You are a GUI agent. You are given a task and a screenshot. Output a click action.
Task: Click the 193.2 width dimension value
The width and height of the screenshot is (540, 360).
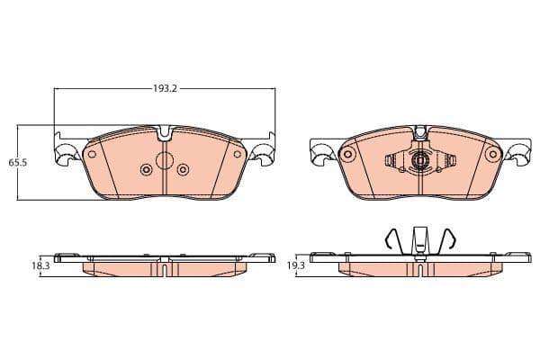point(164,90)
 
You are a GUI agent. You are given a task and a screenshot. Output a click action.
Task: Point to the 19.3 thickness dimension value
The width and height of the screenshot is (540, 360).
point(296,266)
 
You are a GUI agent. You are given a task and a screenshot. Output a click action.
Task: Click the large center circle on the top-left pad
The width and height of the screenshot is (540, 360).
point(165,161)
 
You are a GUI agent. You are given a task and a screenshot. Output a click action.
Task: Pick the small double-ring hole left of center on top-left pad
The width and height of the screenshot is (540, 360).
point(147,168)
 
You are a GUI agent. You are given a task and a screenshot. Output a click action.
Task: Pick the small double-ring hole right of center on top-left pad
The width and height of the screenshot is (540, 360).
point(183,168)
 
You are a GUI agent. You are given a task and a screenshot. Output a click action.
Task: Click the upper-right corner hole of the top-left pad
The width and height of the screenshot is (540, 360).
point(238,153)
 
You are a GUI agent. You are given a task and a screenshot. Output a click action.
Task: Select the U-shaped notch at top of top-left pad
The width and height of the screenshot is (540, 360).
point(164,135)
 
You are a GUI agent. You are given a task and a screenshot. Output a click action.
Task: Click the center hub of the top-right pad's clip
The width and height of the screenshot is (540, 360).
point(418,163)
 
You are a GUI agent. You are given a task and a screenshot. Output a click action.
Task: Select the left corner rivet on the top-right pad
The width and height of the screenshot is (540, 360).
point(346,155)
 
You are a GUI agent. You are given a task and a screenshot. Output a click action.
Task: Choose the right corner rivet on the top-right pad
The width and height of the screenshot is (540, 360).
point(491,155)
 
